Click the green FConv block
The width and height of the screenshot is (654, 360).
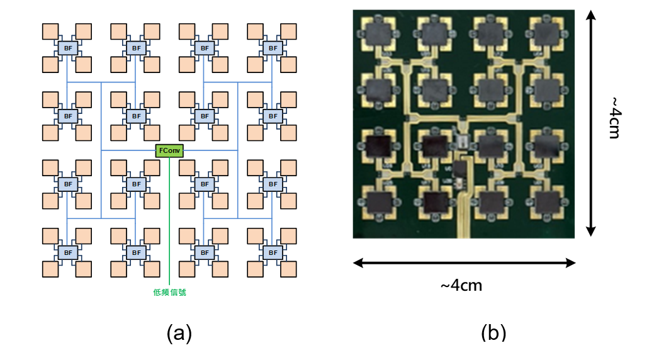click(169, 150)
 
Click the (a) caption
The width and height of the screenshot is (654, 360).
click(179, 333)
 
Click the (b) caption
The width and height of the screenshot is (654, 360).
click(494, 333)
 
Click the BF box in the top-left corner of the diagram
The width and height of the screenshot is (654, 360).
click(67, 48)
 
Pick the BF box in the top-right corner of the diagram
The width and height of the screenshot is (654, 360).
click(272, 48)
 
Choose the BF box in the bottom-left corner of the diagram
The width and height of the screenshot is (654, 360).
click(67, 252)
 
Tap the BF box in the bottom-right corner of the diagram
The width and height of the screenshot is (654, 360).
click(272, 252)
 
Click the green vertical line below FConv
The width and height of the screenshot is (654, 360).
click(170, 220)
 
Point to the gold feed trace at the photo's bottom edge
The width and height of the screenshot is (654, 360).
click(463, 223)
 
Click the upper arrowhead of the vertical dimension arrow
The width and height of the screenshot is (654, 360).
click(592, 14)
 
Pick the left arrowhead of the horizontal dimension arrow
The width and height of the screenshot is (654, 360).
click(357, 263)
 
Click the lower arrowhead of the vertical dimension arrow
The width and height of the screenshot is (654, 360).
click(592, 232)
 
